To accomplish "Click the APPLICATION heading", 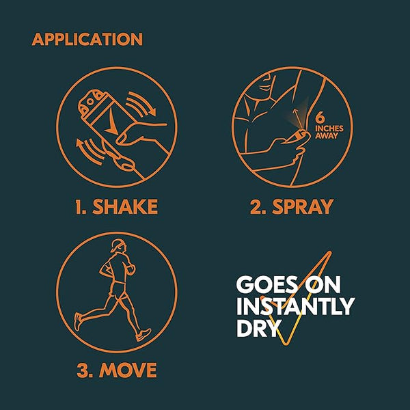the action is coord(87,39).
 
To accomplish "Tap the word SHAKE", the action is coord(125,207).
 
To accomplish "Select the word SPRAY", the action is coord(303,207).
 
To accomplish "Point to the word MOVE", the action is coord(128,370).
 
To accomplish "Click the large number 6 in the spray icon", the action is coord(320,118).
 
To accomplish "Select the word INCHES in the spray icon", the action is coord(329,128).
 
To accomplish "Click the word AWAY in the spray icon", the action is coord(327,136).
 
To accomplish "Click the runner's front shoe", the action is coord(143,335).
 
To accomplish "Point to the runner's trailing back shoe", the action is coord(78,321).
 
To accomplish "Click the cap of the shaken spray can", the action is coord(92,102).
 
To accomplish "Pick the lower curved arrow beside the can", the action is coord(87,152).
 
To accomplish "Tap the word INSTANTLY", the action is coord(295,306).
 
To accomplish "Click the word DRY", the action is coord(257,327).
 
